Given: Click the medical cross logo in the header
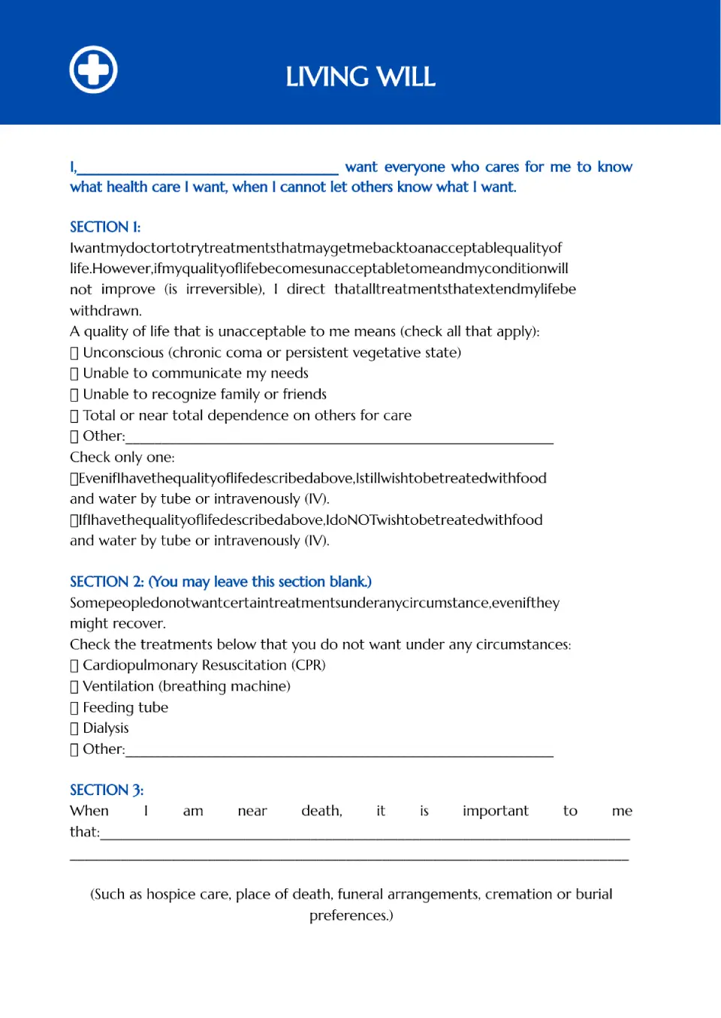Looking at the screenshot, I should coord(93,70).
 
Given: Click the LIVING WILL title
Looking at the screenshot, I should coord(360,77).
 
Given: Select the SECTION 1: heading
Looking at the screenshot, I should coord(105,227).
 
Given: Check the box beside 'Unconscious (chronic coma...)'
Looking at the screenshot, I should coord(74,353).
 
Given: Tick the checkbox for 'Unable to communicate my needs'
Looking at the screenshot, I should coord(74,374).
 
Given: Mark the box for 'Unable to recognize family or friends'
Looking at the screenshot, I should coord(74,395).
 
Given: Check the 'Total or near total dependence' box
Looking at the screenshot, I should coord(74,416).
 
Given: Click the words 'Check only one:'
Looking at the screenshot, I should coord(122,457).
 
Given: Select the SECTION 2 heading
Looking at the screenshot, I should coord(220,582).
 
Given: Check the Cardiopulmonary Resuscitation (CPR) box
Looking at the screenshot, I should coord(74,666).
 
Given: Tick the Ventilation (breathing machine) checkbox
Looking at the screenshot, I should coord(74,687).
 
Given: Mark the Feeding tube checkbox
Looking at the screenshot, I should coord(74,708).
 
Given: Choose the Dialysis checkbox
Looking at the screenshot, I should coord(74,728).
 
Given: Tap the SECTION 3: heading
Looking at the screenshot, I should coord(107,790).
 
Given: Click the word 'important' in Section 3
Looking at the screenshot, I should coord(495,811).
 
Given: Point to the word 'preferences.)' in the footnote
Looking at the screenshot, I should coord(351,915).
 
